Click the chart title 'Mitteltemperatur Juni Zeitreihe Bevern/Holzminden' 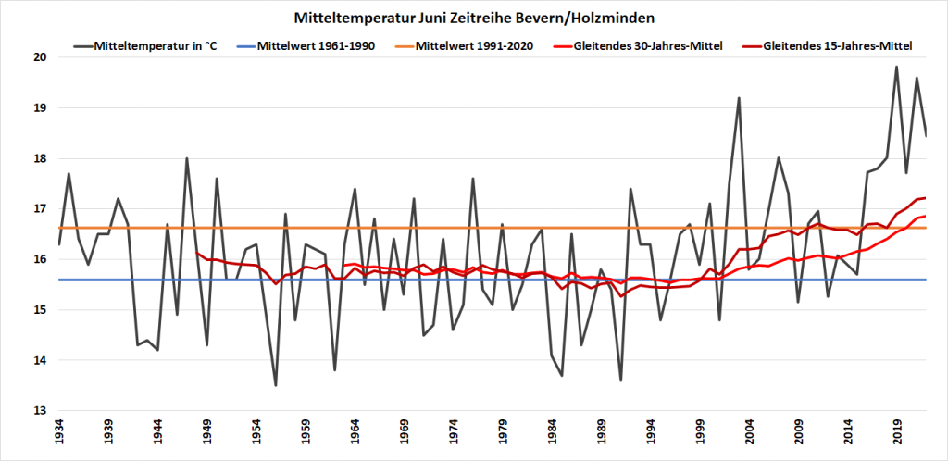point(473,18)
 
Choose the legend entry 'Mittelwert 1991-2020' point(474,44)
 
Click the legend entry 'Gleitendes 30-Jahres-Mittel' point(648,44)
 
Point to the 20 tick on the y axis point(42,57)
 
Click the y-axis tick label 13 point(42,411)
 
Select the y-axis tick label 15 point(42,310)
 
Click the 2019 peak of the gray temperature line point(896,67)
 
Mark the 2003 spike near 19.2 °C point(739,97)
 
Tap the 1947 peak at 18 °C point(187,158)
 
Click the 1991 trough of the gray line point(620,380)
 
